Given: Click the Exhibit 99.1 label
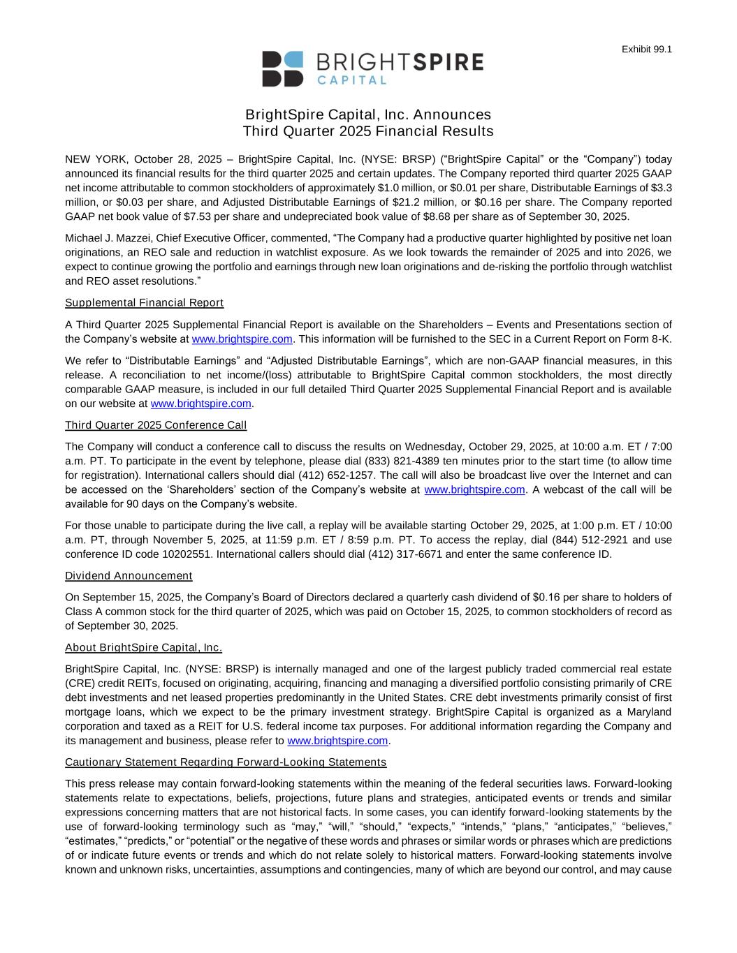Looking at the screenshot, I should (646, 49).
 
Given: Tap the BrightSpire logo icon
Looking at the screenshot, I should (283, 68).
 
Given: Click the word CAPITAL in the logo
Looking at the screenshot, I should (352, 80).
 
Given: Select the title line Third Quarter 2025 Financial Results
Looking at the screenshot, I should (368, 132).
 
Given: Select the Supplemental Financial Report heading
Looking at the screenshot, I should (144, 303).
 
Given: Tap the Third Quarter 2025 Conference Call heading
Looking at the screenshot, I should (156, 425).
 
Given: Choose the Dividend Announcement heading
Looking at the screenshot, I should (129, 576).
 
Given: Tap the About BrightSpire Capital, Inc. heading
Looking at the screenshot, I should (143, 647).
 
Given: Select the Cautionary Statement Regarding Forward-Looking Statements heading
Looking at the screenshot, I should (226, 762).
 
